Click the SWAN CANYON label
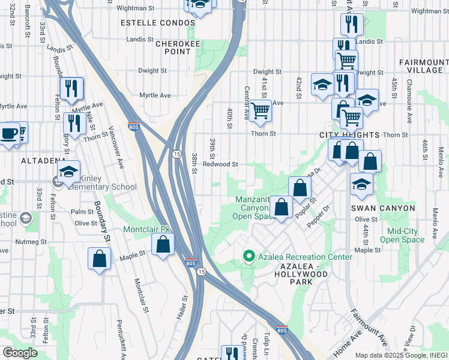pos(384,208)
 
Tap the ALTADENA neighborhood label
pos(43,161)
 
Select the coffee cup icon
pos(8,133)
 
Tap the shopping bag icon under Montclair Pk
pos(163,244)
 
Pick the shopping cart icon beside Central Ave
pos(260,110)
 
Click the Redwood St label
pos(220,164)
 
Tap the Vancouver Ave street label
pos(116,146)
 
